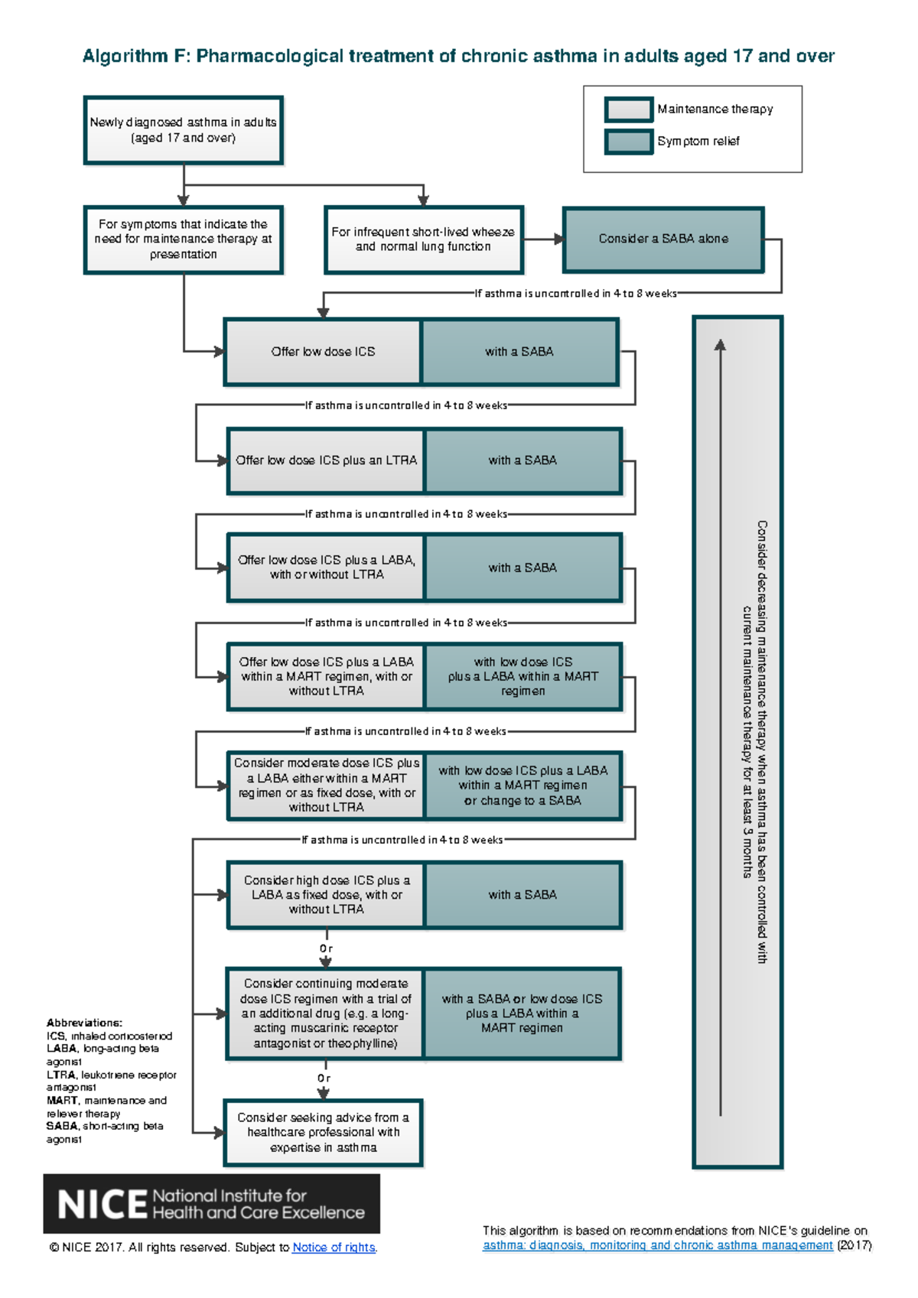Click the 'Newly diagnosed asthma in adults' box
coord(183,130)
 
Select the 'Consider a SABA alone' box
coord(663,239)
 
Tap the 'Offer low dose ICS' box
coord(323,352)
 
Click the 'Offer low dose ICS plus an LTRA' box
coord(327,460)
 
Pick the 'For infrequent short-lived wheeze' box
coord(423,239)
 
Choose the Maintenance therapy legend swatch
coord(628,109)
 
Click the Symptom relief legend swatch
coord(628,142)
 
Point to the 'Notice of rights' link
coord(334,1248)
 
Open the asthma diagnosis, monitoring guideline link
coord(657,1245)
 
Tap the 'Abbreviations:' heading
coord(84,1023)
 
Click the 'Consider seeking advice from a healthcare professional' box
coord(323,1133)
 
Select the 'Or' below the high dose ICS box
coord(327,948)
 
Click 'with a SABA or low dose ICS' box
coord(522,1013)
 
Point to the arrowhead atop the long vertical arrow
coord(720,345)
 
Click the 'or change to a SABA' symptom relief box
coord(522,786)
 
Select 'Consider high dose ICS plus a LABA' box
coord(327,895)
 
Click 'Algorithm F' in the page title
coord(135,57)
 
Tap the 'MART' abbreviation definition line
coord(106,1107)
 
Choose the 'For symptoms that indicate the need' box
coord(183,239)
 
